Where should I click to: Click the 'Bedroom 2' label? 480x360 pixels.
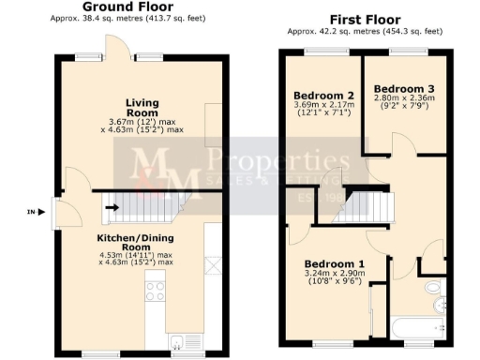click(322, 97)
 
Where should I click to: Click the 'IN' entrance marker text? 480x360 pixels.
click(30, 213)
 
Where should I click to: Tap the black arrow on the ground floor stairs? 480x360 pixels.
click(111, 207)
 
